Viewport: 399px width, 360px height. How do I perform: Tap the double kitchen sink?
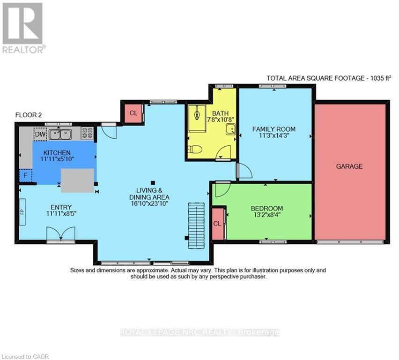[60, 135]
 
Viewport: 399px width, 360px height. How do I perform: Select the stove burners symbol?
[87, 134]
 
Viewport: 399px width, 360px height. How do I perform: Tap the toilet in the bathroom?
[195, 150]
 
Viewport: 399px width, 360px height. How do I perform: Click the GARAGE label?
[349, 166]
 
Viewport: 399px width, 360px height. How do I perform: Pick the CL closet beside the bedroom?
[217, 224]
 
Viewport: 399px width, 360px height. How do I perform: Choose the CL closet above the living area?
[133, 113]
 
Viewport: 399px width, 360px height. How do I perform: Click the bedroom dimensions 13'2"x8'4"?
[267, 216]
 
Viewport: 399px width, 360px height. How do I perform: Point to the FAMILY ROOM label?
[274, 129]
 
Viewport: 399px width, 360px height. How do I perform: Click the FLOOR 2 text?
[29, 115]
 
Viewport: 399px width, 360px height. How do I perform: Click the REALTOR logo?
[23, 28]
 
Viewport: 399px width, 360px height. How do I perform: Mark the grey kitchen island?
[78, 180]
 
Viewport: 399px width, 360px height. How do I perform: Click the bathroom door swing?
[224, 153]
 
